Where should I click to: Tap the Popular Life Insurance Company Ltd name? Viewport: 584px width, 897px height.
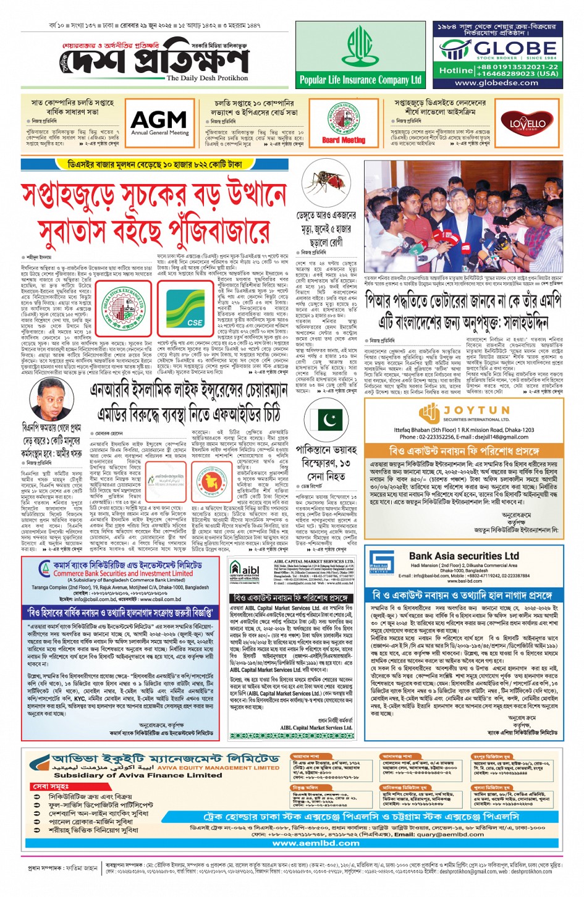click(360, 80)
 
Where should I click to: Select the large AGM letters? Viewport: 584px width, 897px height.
click(159, 119)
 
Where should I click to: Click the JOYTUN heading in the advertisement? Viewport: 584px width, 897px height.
click(476, 410)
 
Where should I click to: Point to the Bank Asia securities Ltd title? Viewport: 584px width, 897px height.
click(463, 556)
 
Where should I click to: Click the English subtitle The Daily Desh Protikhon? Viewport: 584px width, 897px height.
click(207, 78)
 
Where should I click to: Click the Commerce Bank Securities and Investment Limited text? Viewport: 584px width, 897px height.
click(132, 573)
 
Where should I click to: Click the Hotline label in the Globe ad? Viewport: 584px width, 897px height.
click(455, 70)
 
